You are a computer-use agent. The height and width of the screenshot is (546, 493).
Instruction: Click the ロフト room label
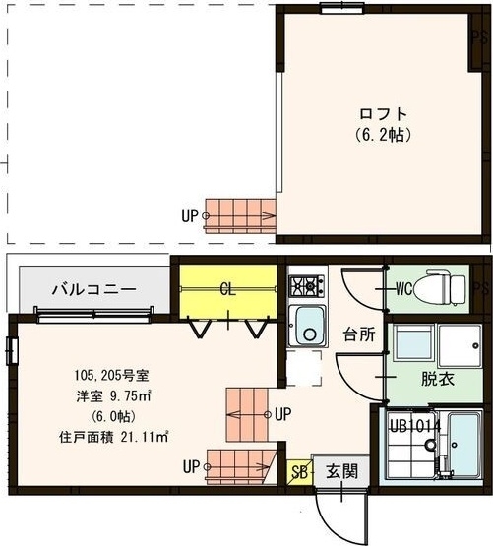(x=383, y=112)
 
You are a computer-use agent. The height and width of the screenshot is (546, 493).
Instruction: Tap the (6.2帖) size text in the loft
(x=383, y=132)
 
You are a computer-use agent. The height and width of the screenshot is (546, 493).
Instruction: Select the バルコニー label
(x=94, y=289)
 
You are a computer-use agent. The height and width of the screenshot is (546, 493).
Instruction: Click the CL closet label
(x=226, y=289)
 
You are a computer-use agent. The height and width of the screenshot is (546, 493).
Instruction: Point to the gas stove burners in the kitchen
(x=306, y=286)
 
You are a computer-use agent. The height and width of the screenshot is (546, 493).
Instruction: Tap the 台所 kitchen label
(x=358, y=334)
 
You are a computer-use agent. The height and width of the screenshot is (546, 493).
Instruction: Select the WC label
(x=403, y=289)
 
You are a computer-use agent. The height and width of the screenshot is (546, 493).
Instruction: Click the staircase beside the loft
(x=241, y=213)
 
